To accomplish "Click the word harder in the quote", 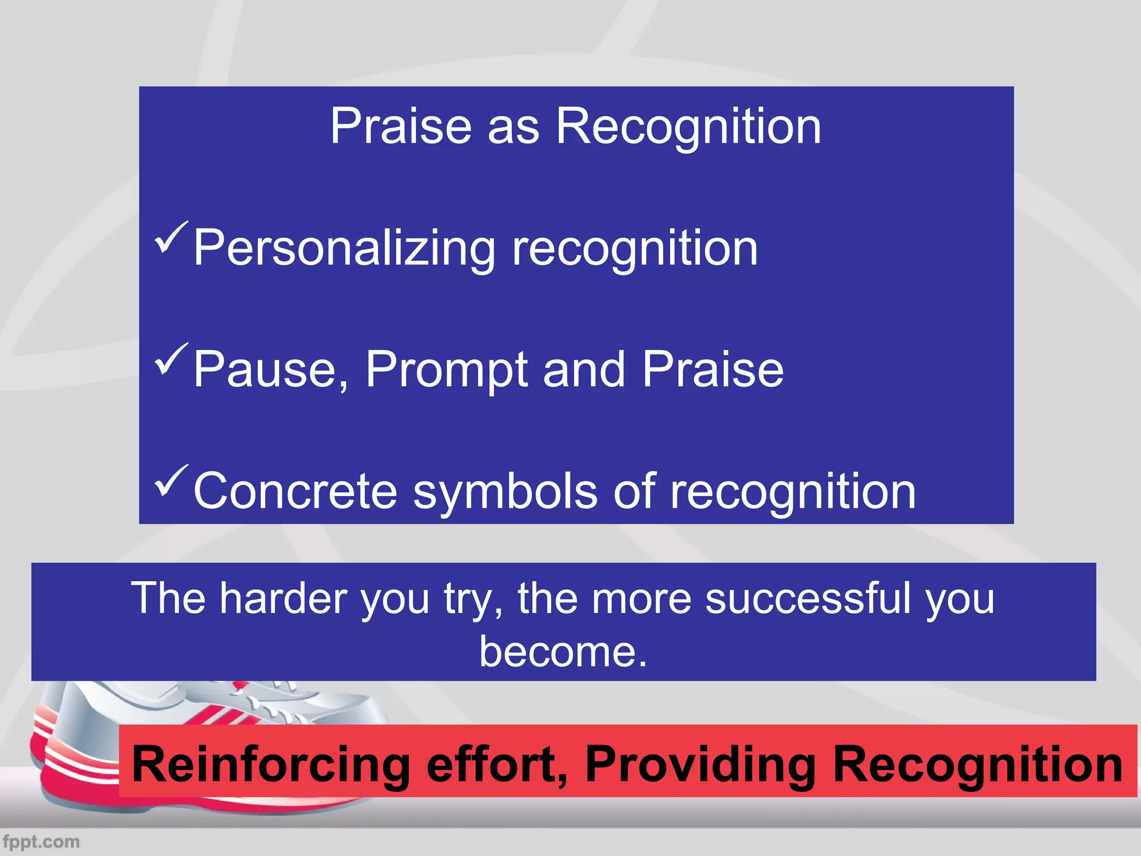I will tap(283, 598).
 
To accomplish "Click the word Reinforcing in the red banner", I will tap(271, 765).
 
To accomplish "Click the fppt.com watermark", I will tap(41, 842).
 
